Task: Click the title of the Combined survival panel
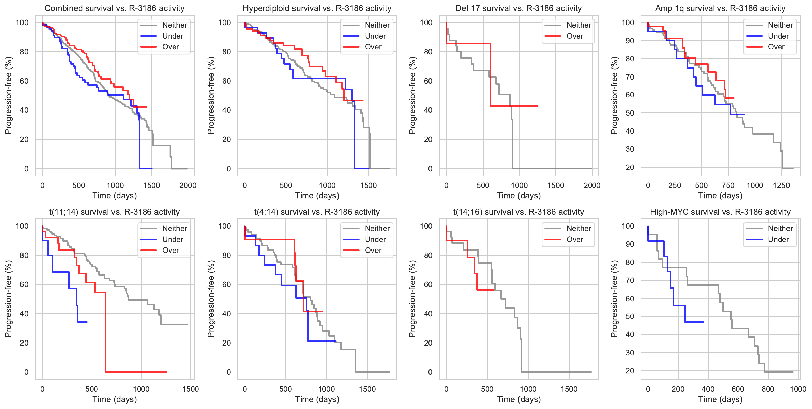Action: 115,8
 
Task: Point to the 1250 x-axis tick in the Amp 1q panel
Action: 781,185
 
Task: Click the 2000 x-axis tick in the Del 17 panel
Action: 592,185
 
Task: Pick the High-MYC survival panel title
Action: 720,212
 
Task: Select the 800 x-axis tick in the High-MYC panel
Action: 768,389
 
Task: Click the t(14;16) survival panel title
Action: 518,212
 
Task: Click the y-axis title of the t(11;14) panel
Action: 8,299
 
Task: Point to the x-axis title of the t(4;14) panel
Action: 317,399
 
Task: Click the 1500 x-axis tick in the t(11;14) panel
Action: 190,389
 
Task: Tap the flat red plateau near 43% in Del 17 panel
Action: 514,106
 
